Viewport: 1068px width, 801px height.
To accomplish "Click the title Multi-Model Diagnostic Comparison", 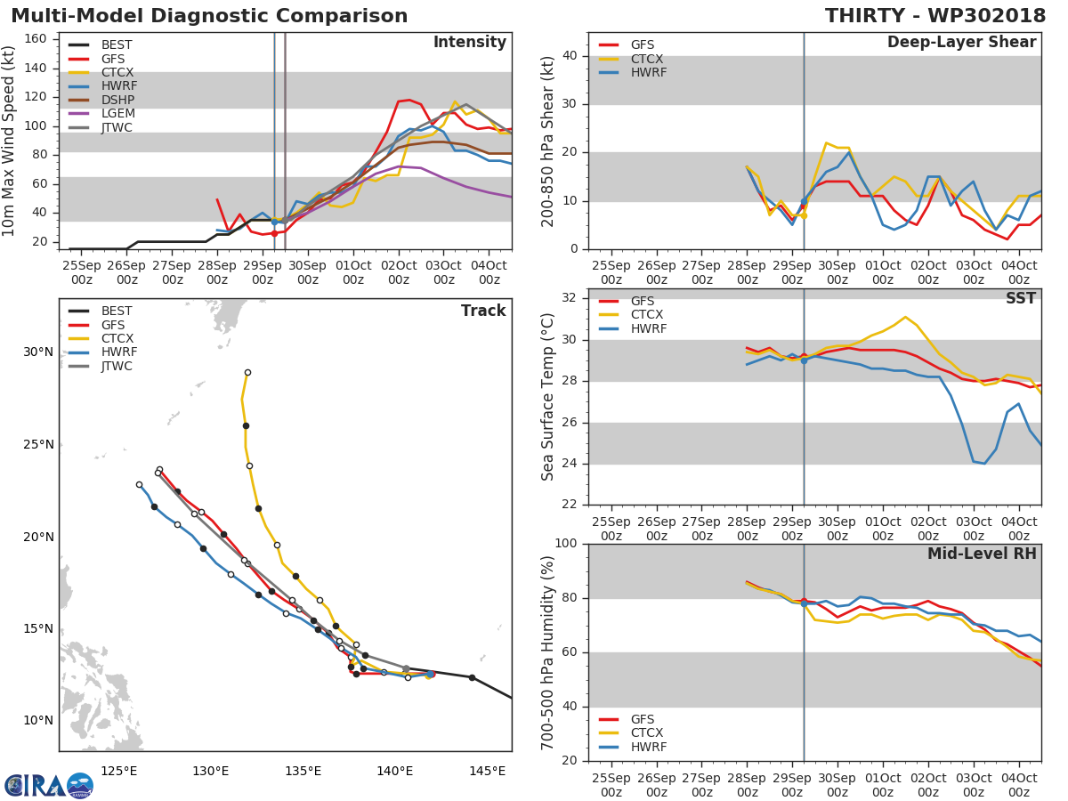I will click(209, 16).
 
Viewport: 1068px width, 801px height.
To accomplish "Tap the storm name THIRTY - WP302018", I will click(934, 16).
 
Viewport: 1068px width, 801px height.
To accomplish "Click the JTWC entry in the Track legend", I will click(117, 366).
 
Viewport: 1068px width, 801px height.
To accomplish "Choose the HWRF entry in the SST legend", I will click(648, 329).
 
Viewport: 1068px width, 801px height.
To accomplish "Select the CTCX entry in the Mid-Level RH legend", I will click(648, 733).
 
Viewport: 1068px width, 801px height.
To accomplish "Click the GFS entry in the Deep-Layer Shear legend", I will click(642, 44).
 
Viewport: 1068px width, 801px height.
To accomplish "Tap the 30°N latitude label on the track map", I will click(38, 352).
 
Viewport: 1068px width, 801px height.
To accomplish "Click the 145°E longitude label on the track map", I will click(487, 771).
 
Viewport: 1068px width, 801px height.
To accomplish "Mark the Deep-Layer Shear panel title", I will click(961, 43).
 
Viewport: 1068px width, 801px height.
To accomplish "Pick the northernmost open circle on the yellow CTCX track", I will click(247, 373).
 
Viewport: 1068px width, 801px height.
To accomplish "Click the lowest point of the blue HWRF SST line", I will click(984, 463).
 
